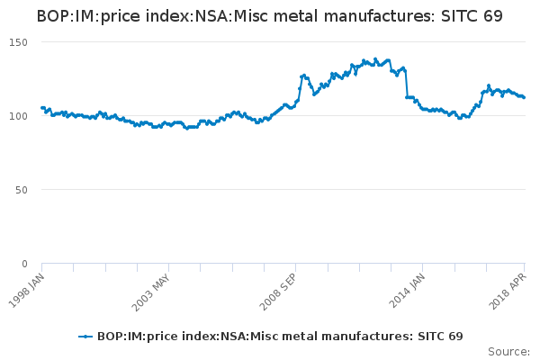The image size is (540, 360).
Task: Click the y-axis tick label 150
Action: tap(19, 42)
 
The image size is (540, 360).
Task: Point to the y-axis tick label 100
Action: tap(19, 116)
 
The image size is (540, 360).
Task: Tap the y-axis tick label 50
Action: tap(22, 190)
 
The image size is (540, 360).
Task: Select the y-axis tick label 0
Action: tap(24, 264)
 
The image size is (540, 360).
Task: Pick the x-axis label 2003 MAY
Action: tap(153, 290)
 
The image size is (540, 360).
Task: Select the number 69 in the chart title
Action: tap(491, 17)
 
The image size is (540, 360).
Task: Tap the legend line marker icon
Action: tap(85, 337)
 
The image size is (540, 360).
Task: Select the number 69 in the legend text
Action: tap(454, 337)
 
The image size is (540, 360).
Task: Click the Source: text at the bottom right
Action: tap(509, 351)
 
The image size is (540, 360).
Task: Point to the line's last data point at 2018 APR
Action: tap(524, 97)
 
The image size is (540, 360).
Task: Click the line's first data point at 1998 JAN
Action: tap(42, 108)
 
